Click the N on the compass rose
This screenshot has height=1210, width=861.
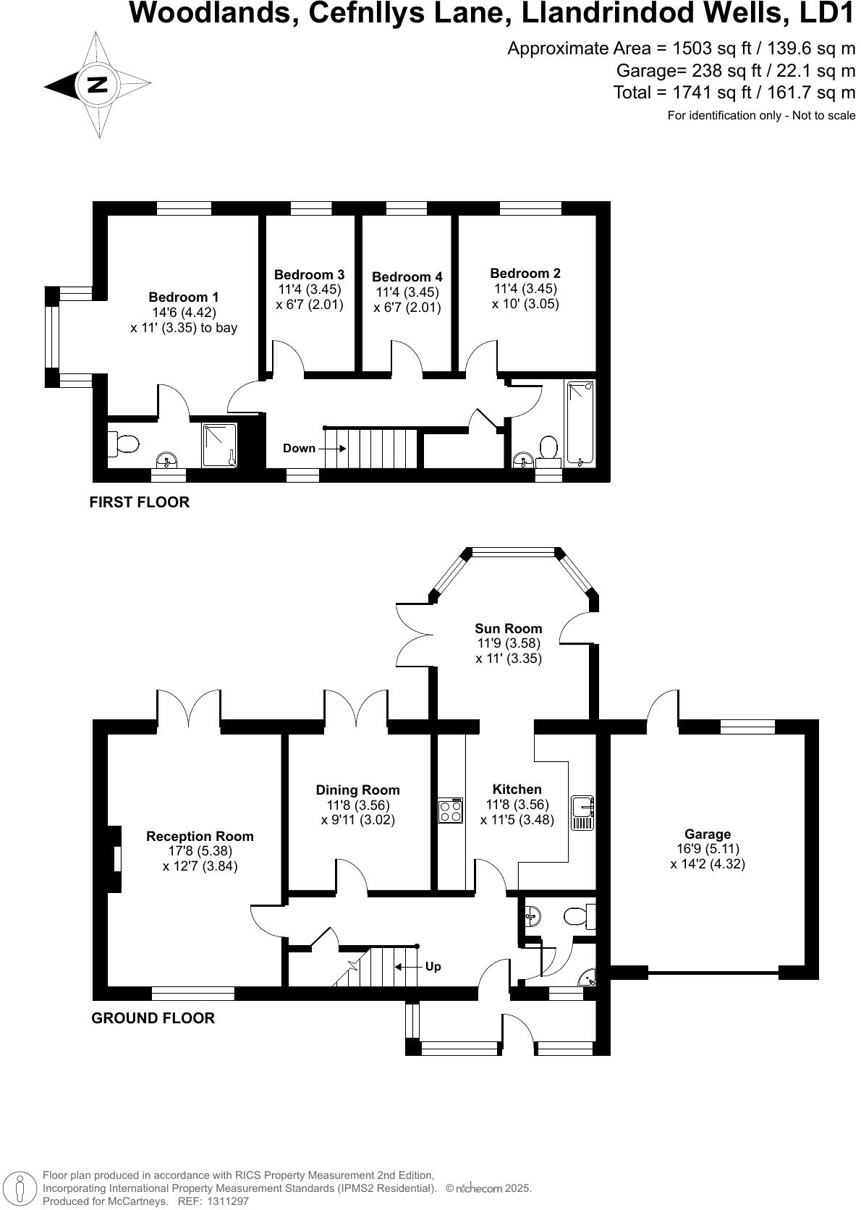[98, 85]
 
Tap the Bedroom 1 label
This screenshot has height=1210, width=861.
[183, 297]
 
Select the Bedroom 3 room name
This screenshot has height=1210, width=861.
[309, 275]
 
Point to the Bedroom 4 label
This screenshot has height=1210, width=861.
[407, 277]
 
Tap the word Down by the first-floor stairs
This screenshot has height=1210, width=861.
[299, 449]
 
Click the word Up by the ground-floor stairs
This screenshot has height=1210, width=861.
[433, 967]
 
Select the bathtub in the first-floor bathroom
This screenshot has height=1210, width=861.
[580, 423]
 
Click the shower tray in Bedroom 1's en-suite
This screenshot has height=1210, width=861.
[220, 445]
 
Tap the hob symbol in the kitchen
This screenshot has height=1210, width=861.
[450, 810]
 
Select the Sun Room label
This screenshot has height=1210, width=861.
[508, 629]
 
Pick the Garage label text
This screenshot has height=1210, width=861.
[707, 834]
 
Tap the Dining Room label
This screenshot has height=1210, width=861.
[357, 790]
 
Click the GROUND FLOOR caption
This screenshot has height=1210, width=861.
[153, 1018]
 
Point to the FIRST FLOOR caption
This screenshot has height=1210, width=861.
[139, 502]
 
